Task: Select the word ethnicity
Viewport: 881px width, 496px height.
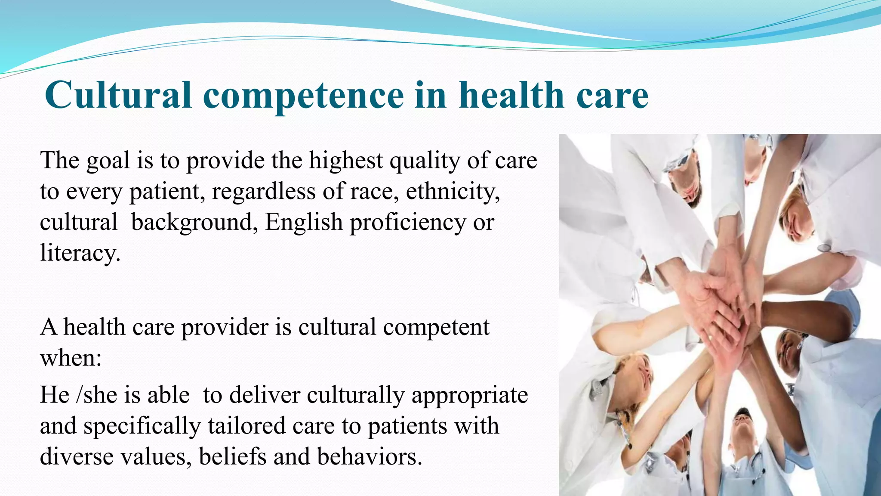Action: pyautogui.click(x=453, y=192)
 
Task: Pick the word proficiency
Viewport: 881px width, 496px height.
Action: pyautogui.click(x=407, y=223)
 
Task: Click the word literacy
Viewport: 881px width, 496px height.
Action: pyautogui.click(x=80, y=253)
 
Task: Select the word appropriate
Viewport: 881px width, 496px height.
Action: pyautogui.click(x=469, y=396)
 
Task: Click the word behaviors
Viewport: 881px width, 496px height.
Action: pyautogui.click(x=370, y=457)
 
